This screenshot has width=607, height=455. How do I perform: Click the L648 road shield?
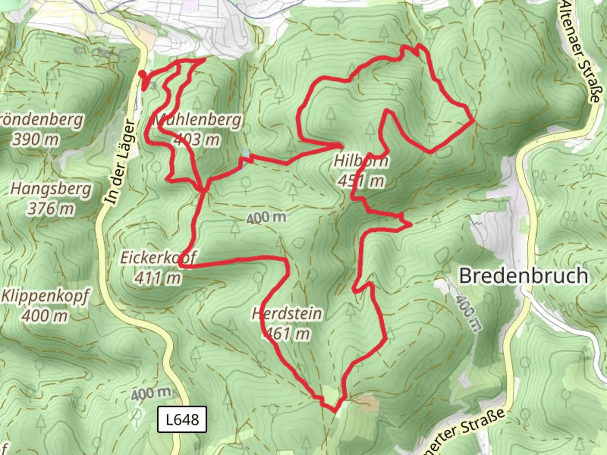point(182,419)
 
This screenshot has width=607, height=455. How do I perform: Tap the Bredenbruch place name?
point(523,276)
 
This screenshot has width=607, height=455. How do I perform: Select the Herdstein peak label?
point(287,314)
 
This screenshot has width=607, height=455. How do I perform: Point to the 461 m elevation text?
point(287,334)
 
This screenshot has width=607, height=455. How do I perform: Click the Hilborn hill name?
point(361,161)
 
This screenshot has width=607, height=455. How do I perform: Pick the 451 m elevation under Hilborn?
point(361,181)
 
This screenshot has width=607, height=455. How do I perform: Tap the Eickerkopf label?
point(158,258)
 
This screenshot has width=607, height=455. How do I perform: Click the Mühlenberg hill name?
point(198,120)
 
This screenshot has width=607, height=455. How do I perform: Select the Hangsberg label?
point(51,189)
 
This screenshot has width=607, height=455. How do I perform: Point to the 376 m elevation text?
point(51,208)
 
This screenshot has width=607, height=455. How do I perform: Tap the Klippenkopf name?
point(45,296)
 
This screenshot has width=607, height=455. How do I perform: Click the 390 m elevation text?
point(36,139)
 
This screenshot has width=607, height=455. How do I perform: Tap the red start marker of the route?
point(142,75)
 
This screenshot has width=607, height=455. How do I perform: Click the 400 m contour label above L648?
point(150,394)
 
